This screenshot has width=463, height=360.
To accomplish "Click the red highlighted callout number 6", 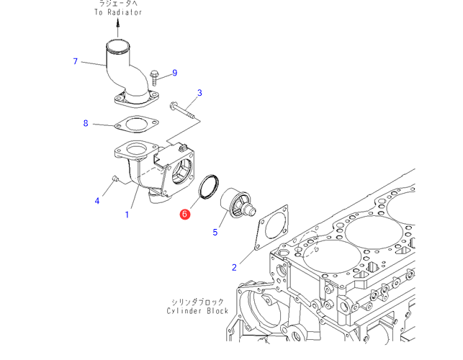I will tap(185, 214).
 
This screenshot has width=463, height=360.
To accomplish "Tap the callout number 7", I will tap(76, 61).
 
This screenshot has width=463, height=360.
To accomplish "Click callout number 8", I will tap(85, 123).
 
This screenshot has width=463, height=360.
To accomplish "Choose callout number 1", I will tap(127, 214).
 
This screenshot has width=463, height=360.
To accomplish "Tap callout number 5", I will tap(215, 232).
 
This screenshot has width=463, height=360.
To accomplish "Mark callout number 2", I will tap(234, 268).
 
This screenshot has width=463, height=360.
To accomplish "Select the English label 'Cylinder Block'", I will tap(197, 311).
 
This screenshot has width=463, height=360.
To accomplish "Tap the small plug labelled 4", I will tap(114, 178).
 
